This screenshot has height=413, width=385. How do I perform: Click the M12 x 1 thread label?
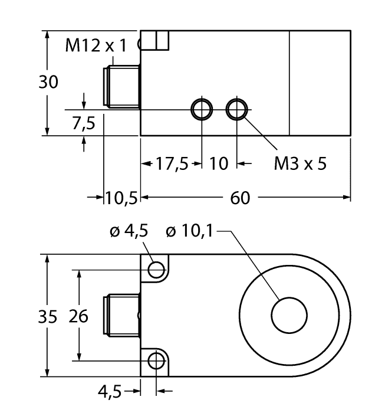pos(96,46)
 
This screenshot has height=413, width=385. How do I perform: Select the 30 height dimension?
pos(49,83)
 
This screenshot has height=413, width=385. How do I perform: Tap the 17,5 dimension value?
pos(171,163)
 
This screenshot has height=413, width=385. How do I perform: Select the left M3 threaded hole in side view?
pos(202,109)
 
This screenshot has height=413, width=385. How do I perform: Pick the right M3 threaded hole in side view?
pos(238,109)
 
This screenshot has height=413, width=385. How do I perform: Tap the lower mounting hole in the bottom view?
pos(156,360)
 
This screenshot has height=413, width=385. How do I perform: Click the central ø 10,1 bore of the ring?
pos(288,315)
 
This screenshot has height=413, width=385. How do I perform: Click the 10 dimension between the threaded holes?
pos(219,163)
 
